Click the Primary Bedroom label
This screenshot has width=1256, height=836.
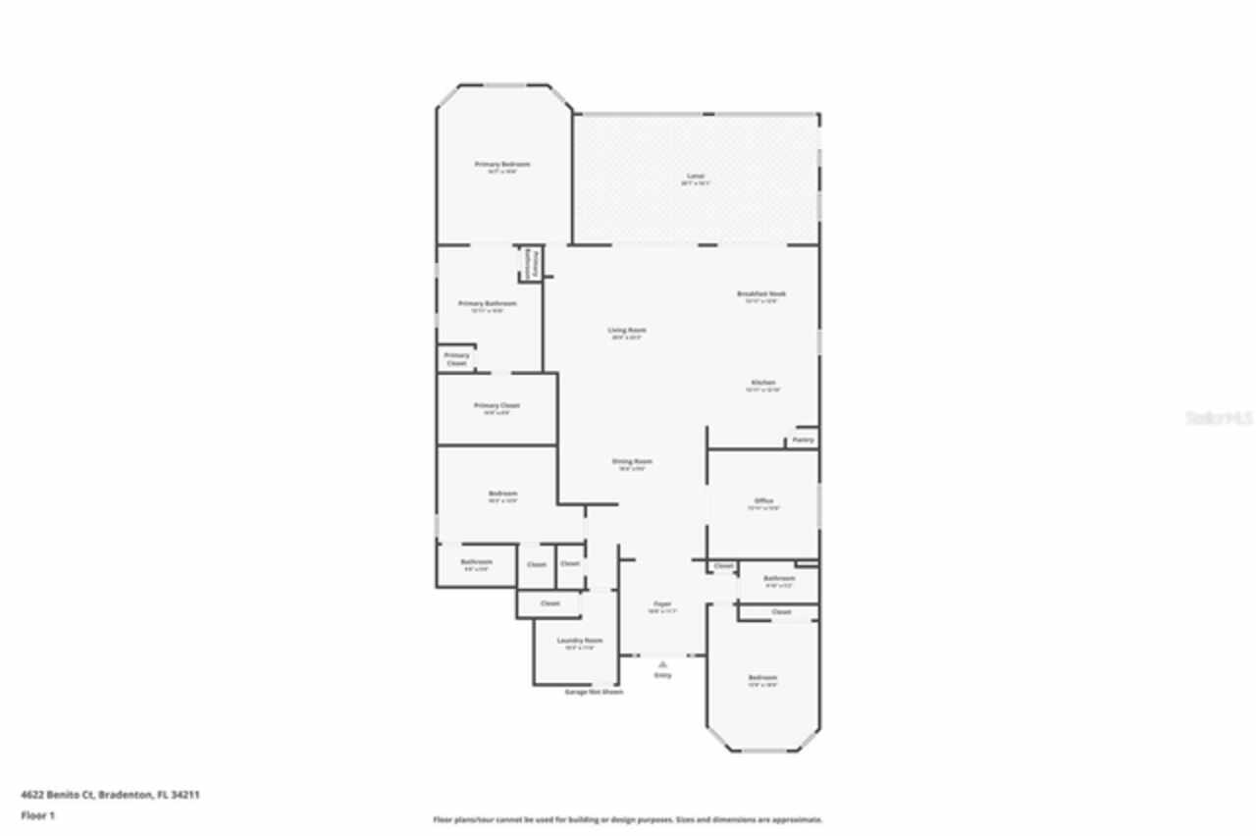[501, 164]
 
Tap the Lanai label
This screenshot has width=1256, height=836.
[695, 177]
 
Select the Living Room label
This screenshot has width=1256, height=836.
[627, 331]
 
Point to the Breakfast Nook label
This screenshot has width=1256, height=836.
[761, 293]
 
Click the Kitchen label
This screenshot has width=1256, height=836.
[762, 383]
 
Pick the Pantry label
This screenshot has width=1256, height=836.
[804, 440]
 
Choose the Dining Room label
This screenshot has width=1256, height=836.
[632, 461]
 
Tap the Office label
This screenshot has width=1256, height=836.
[762, 500]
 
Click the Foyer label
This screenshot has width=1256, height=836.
[662, 603]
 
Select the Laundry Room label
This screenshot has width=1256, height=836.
[580, 640]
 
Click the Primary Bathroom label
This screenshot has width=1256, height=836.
[488, 304]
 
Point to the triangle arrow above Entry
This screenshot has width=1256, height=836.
[662, 664]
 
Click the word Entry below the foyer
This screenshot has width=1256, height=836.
[662, 675]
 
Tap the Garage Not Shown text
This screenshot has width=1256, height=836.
[594, 692]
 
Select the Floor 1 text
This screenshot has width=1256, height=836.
[38, 815]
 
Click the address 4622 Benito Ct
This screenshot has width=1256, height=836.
[110, 795]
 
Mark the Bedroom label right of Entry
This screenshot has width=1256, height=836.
[762, 678]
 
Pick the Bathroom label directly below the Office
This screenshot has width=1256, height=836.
[778, 578]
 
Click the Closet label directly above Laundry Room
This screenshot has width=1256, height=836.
[549, 603]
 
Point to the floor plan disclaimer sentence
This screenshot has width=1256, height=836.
[628, 819]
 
